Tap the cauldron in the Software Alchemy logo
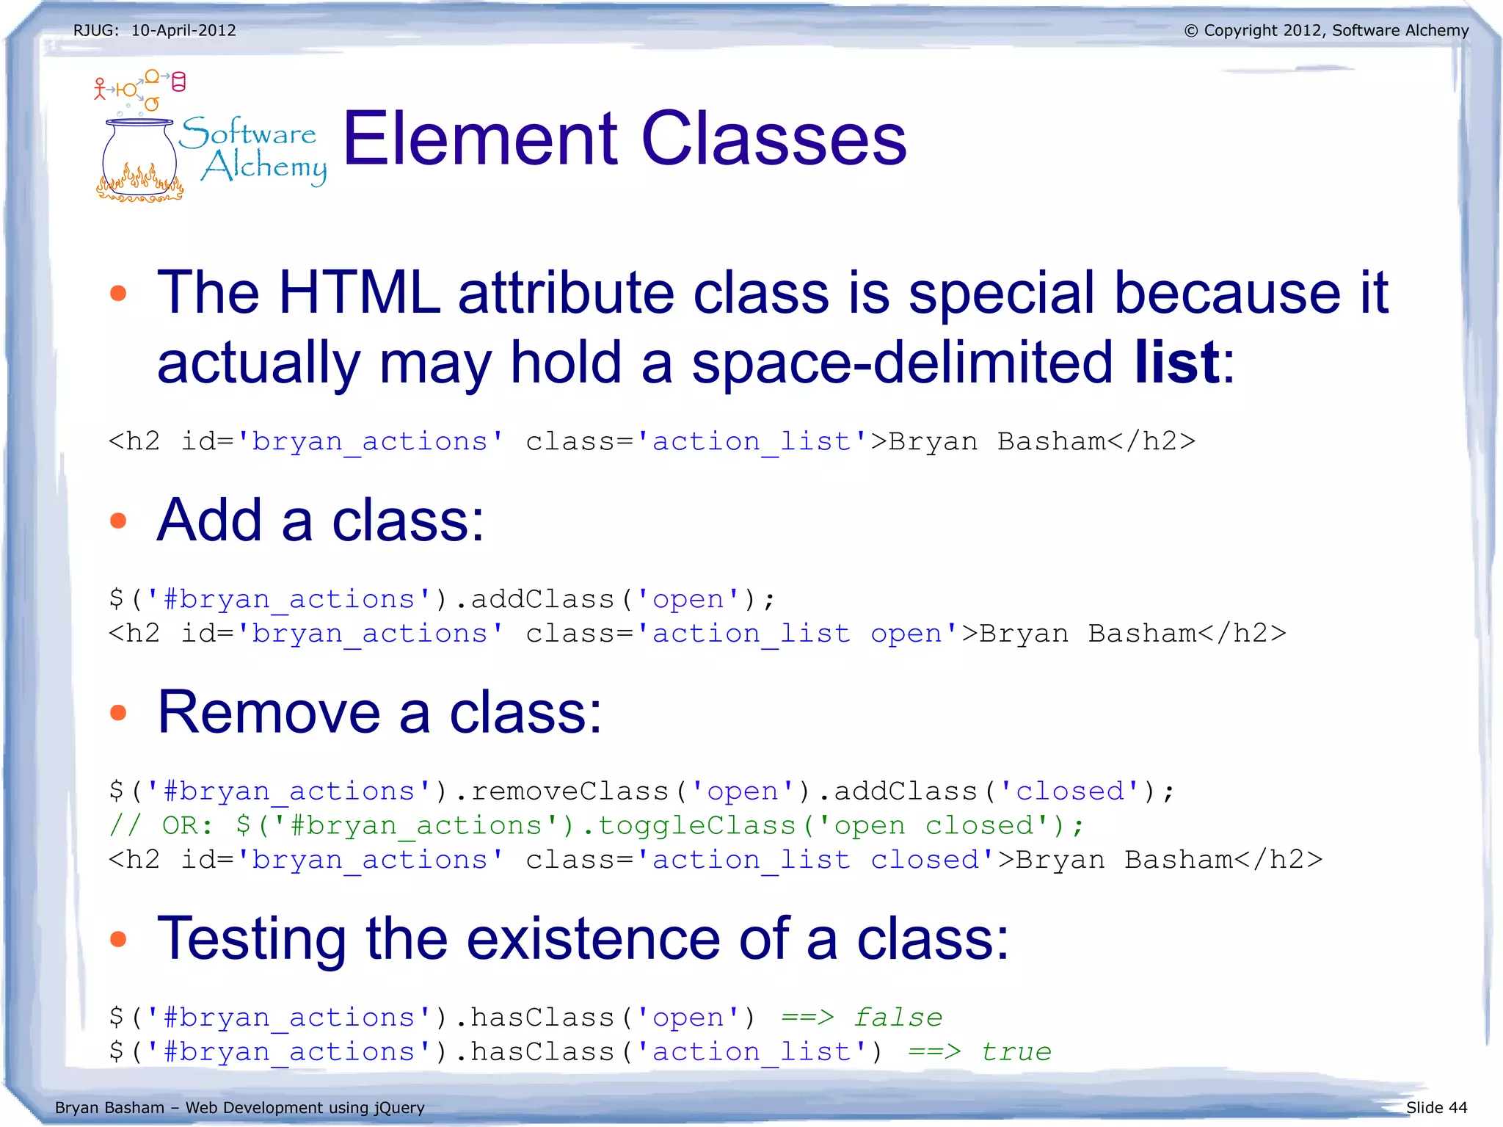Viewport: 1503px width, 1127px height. click(x=139, y=158)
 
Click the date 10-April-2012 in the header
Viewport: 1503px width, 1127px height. click(x=183, y=30)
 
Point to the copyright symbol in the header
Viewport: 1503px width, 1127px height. click(x=1190, y=31)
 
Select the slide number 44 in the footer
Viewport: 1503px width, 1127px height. click(x=1457, y=1107)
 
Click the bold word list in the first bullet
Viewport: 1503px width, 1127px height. click(x=1176, y=362)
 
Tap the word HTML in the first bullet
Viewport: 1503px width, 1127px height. click(x=359, y=293)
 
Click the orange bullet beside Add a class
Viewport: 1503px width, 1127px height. click(x=118, y=521)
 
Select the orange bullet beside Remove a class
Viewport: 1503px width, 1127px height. click(x=118, y=712)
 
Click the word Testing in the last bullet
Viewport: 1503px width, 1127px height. click(x=252, y=940)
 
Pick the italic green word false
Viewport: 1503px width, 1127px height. click(x=898, y=1018)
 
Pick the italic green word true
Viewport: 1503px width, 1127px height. click(x=1016, y=1052)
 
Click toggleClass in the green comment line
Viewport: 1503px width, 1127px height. click(x=696, y=826)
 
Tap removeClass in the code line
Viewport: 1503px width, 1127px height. click(x=569, y=791)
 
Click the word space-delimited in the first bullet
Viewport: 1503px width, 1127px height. click(x=902, y=362)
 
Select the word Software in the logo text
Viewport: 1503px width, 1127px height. click(x=248, y=134)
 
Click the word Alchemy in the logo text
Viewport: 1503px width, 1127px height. click(x=264, y=167)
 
